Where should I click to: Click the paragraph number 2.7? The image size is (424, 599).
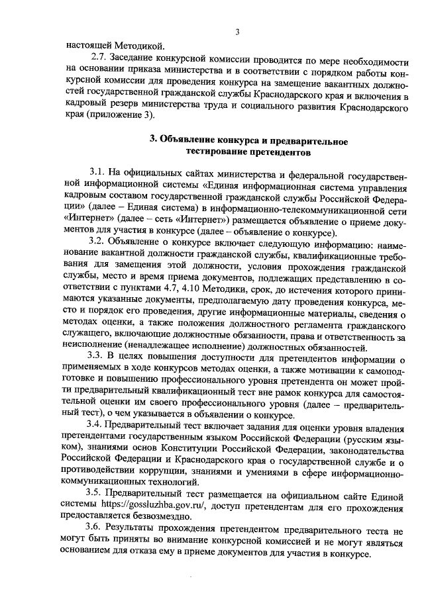coord(99,58)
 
